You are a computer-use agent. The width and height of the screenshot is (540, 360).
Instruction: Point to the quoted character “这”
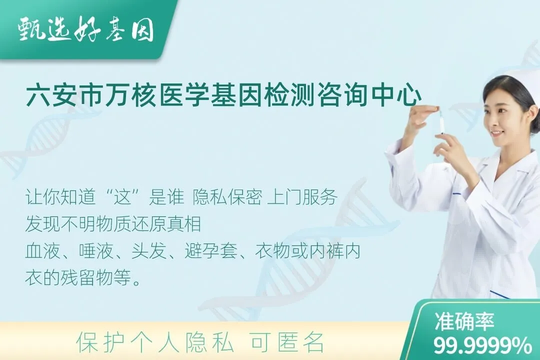[x=123, y=197]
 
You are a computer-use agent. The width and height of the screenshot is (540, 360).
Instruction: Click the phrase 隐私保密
[x=227, y=197]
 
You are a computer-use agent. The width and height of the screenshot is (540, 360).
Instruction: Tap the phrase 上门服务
[x=302, y=197]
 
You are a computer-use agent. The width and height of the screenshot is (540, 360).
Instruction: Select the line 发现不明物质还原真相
[x=113, y=224]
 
